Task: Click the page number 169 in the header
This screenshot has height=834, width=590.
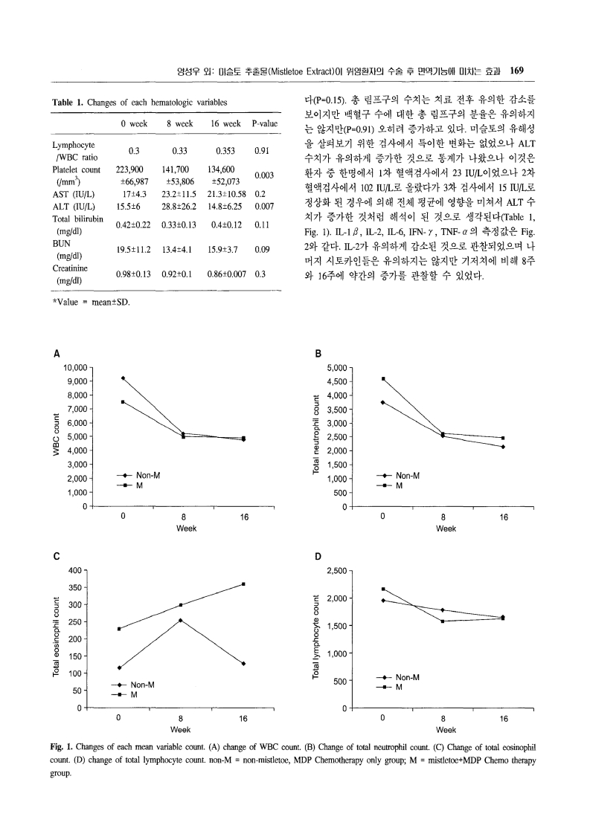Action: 518,71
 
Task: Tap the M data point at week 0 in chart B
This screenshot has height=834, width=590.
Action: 383,379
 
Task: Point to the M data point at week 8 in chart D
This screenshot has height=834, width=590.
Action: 443,621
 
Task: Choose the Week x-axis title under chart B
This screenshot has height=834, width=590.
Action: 446,528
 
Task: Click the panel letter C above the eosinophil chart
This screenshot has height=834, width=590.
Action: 56,556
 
